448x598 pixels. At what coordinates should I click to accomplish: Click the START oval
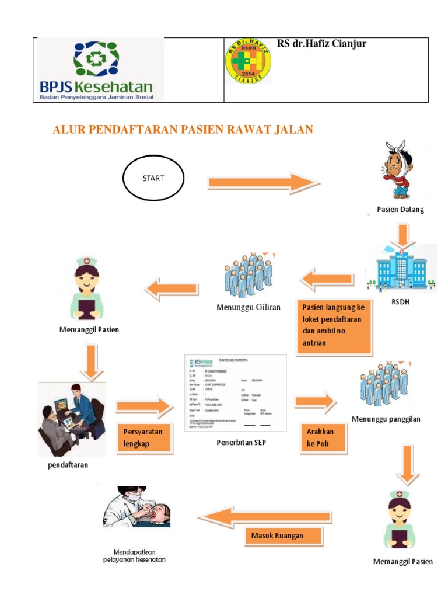click(x=153, y=178)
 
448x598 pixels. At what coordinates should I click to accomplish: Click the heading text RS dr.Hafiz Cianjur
click(x=321, y=44)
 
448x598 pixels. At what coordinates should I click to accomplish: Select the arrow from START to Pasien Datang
click(x=261, y=183)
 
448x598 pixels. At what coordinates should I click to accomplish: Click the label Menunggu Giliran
click(x=249, y=307)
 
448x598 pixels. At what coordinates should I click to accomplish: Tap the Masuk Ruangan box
click(x=282, y=535)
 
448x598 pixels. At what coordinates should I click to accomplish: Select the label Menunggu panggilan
click(x=386, y=419)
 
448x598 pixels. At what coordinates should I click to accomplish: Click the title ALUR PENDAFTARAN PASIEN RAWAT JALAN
click(x=183, y=130)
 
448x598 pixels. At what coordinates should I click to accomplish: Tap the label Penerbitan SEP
click(x=241, y=442)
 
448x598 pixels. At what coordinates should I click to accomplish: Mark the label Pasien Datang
click(x=400, y=210)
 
